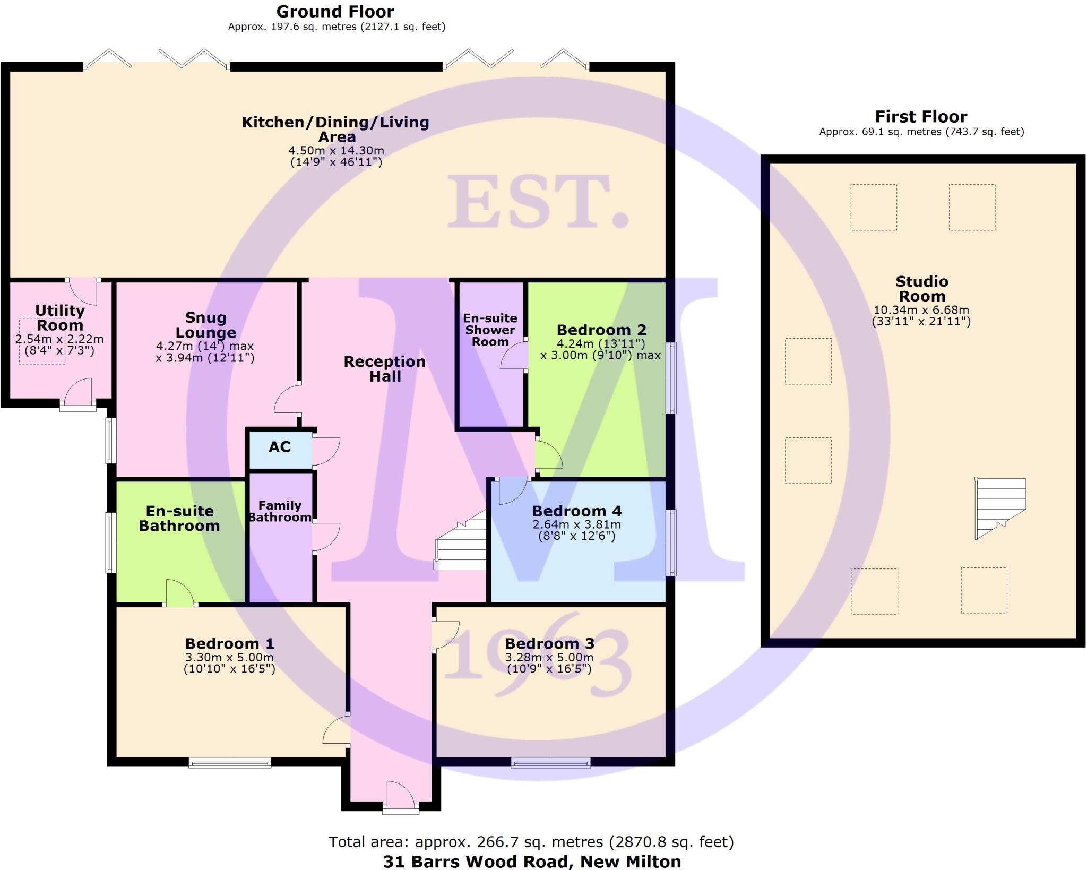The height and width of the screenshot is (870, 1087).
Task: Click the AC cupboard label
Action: click(279, 447)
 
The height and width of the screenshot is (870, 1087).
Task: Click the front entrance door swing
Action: click(401, 795)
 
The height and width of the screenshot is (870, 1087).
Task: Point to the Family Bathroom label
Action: click(280, 512)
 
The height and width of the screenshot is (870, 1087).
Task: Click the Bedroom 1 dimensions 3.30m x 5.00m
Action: click(229, 658)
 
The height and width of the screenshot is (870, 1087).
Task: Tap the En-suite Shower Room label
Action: click(490, 330)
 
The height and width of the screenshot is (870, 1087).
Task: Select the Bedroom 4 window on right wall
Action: click(671, 542)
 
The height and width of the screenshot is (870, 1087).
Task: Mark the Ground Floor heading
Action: click(335, 12)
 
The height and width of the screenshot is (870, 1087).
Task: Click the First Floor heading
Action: click(921, 117)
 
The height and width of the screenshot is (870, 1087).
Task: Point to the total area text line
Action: click(531, 842)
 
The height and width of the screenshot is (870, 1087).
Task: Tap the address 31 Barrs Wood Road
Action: click(532, 861)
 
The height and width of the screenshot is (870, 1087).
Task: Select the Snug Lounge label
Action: click(205, 325)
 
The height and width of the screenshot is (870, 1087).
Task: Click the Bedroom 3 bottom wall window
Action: click(550, 763)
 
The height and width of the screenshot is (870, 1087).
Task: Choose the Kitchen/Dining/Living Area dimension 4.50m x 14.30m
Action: click(336, 151)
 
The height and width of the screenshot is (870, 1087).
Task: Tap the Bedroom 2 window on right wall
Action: click(671, 377)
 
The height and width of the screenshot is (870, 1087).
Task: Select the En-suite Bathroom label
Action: click(179, 518)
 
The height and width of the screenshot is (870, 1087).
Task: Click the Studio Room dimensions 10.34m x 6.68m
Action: click(921, 310)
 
